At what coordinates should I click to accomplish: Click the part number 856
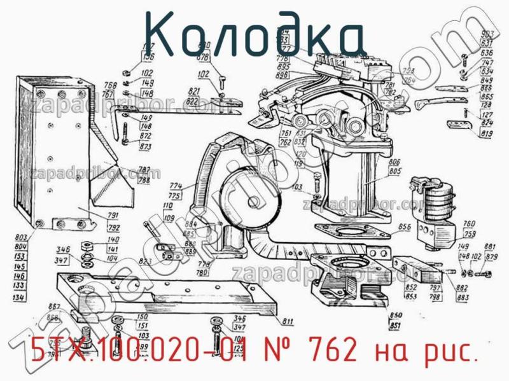point(405,227)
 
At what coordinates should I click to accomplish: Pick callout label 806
point(394,162)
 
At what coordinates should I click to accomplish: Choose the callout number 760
point(469,224)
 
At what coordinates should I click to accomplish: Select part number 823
point(145,261)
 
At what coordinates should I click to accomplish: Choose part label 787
point(144,170)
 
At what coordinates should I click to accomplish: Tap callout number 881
point(491,247)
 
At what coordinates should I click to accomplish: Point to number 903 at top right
point(488,34)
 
